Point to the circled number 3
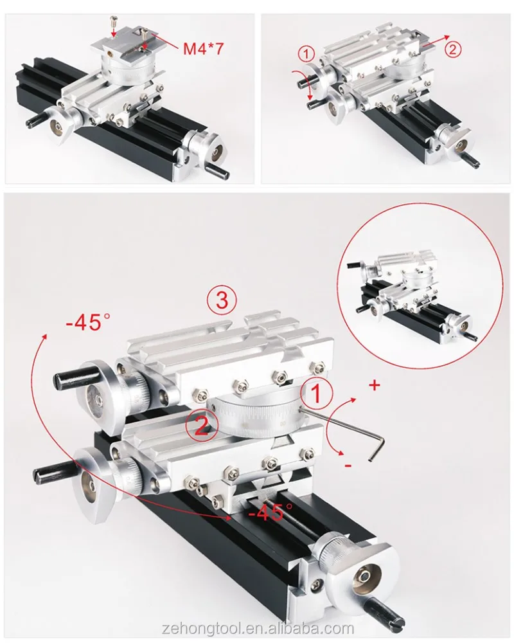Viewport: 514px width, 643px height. click(x=222, y=300)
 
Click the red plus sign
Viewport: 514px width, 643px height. click(x=375, y=386)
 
